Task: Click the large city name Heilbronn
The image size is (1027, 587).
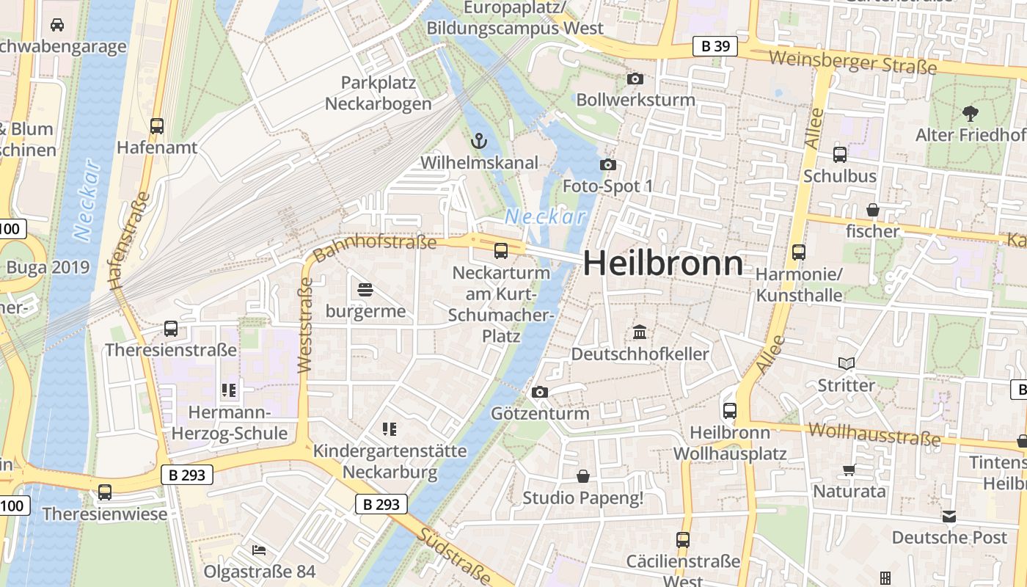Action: point(663,263)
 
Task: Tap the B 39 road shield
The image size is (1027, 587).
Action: point(714,47)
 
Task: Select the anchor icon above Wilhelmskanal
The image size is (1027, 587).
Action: point(479,139)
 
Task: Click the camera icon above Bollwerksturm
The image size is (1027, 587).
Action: point(635,79)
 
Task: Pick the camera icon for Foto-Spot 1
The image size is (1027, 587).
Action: point(607,164)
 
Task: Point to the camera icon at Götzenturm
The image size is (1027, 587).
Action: point(540,392)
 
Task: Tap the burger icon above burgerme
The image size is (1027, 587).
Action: point(365,290)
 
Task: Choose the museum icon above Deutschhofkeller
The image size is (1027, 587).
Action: point(640,332)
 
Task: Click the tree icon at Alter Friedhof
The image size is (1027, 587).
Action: point(970,113)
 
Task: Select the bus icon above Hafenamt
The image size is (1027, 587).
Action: point(156,125)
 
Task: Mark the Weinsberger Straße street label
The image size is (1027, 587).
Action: point(853,62)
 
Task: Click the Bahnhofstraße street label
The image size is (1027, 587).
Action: point(375,247)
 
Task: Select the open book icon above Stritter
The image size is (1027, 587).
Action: point(847,363)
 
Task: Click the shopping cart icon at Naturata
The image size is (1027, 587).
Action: point(849,470)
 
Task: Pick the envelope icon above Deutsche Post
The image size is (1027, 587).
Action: point(950,516)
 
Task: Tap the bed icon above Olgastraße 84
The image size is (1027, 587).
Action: point(259,550)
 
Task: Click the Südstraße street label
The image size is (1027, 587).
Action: point(454,555)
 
